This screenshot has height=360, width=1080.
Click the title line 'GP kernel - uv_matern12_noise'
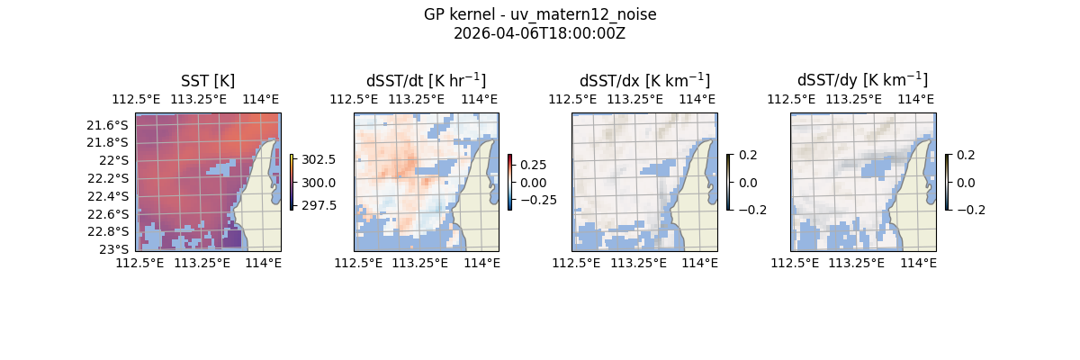pos(540,14)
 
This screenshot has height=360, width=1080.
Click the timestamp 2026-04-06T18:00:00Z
pos(540,33)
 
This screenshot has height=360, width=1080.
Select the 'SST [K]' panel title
pos(208,81)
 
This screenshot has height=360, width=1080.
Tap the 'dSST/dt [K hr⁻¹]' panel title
pos(426,81)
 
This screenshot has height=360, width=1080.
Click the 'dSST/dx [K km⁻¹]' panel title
pos(644,81)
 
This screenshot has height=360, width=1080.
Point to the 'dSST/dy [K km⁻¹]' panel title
pos(862,81)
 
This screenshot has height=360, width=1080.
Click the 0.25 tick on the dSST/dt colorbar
pos(533,166)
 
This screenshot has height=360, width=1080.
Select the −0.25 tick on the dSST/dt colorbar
pos(536,200)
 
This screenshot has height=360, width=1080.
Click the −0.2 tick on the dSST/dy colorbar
pos(970,210)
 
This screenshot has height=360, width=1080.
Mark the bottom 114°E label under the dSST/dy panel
pos(918,263)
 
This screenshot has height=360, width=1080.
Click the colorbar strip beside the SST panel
pos(292,182)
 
